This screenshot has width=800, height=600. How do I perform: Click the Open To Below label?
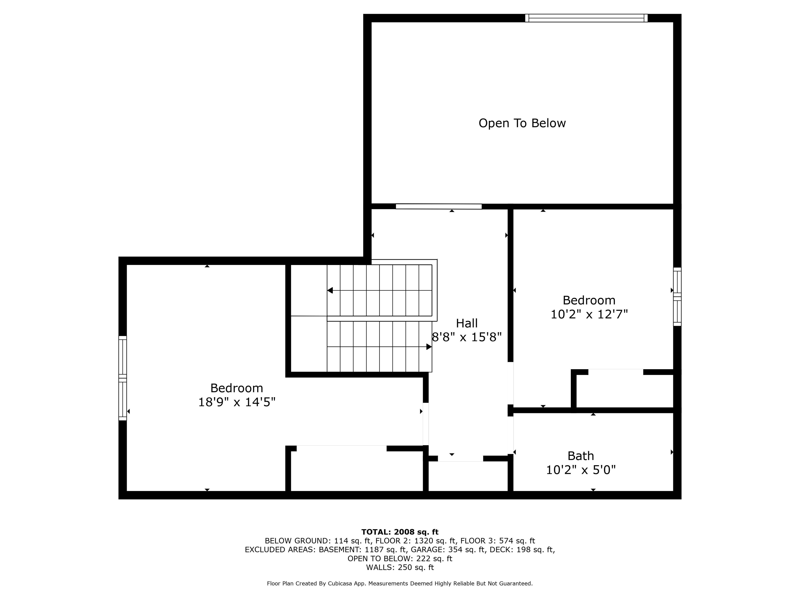coord(522,123)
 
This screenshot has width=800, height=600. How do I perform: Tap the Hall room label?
coord(466,323)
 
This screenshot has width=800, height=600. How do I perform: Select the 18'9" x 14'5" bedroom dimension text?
coord(237,402)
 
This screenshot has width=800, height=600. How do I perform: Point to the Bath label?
coord(580,456)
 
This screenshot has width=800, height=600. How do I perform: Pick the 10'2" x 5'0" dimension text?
coord(580,470)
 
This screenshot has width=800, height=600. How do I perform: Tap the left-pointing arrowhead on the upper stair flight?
coord(330,290)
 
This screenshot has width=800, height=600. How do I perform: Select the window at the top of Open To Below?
coord(586,18)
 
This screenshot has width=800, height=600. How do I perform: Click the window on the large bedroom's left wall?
coord(122,378)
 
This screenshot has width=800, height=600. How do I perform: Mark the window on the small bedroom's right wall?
coord(677,297)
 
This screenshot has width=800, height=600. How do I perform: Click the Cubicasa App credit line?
coord(400,583)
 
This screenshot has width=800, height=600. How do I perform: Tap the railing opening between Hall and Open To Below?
coord(439,206)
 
